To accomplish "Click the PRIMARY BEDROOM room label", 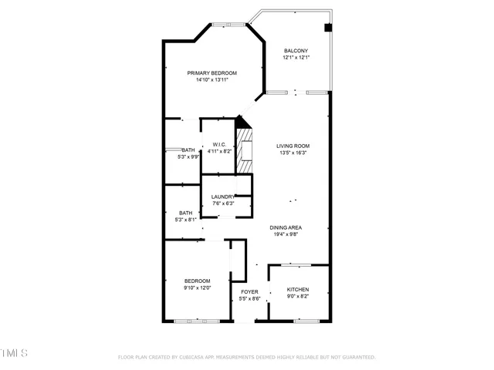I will pyautogui.click(x=211, y=72).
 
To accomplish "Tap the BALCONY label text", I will pyautogui.click(x=295, y=51).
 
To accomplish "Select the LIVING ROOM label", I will pyautogui.click(x=293, y=146).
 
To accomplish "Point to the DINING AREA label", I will pyautogui.click(x=285, y=227).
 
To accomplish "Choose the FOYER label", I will pyautogui.click(x=249, y=292).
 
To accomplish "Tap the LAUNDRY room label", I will pyautogui.click(x=223, y=197).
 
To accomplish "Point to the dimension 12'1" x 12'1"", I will pyautogui.click(x=295, y=58).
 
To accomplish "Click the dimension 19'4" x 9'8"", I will pyautogui.click(x=285, y=234).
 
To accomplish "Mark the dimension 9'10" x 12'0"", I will pyautogui.click(x=197, y=288).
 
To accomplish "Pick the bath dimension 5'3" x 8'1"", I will pyautogui.click(x=185, y=220).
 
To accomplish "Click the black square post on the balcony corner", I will pyautogui.click(x=328, y=28).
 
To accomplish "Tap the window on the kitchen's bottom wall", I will pyautogui.click(x=307, y=319).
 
